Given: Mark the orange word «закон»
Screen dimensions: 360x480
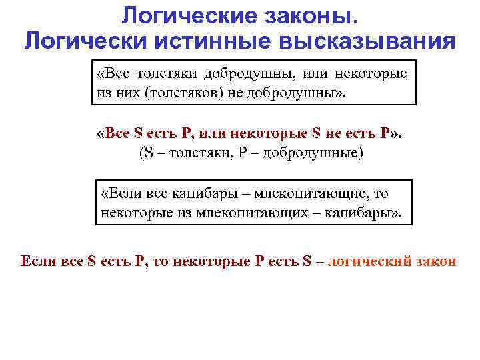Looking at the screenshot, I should pos(438,261).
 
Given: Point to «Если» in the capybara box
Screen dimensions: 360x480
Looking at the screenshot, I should pos(121,194).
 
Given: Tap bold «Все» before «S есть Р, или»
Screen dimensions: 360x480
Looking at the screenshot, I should pos(113,133).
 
